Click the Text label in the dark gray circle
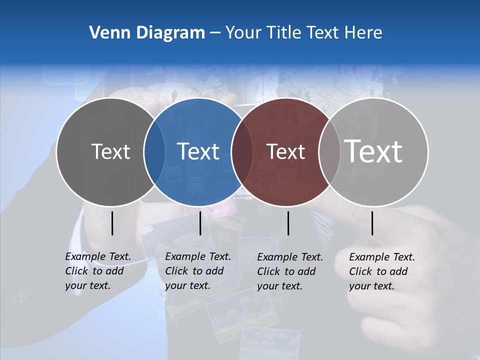point(110,152)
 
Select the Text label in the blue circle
point(198,152)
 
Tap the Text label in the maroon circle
point(285,152)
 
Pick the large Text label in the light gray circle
point(373,151)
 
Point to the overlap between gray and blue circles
point(154,152)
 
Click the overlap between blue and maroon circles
point(242,152)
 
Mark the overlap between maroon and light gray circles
point(329,152)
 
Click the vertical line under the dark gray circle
point(112,223)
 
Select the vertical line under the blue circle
point(200,223)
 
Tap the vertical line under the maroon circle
point(288,223)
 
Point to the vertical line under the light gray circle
point(372,223)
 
